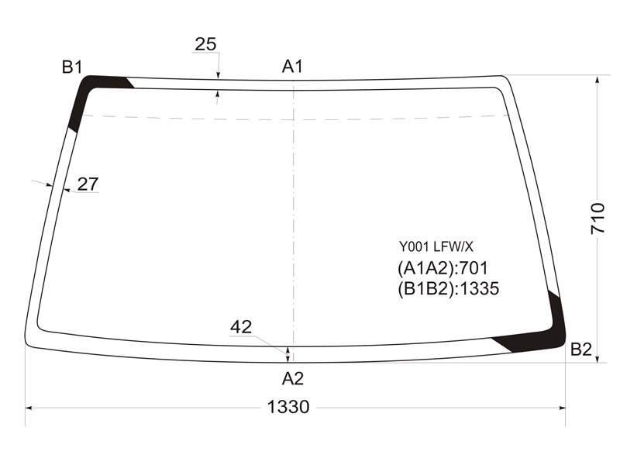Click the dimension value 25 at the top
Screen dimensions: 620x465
[205, 44]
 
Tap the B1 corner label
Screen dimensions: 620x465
[72, 67]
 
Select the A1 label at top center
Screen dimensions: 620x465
[292, 66]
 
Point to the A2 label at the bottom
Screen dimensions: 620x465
[293, 379]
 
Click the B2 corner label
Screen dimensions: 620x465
[580, 350]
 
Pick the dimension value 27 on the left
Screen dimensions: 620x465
[88, 184]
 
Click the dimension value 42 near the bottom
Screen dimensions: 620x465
[241, 327]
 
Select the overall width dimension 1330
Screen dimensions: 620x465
[288, 406]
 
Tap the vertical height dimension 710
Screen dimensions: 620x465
[598, 219]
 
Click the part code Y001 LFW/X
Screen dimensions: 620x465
[436, 247]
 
